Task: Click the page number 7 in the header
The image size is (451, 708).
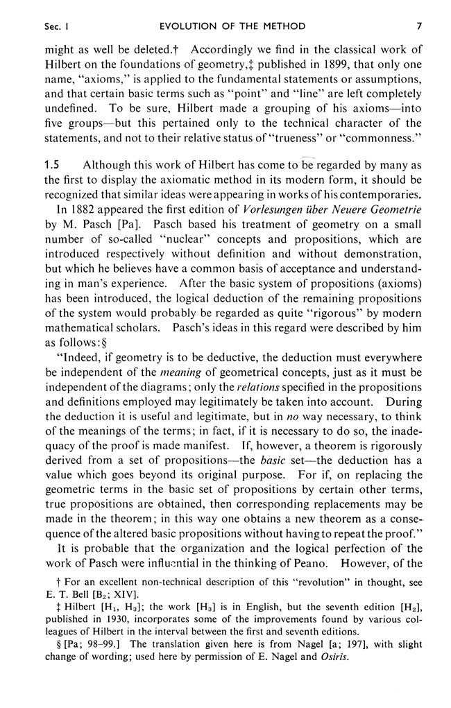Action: click(x=419, y=26)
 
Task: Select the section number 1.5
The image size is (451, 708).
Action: click(x=53, y=164)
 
